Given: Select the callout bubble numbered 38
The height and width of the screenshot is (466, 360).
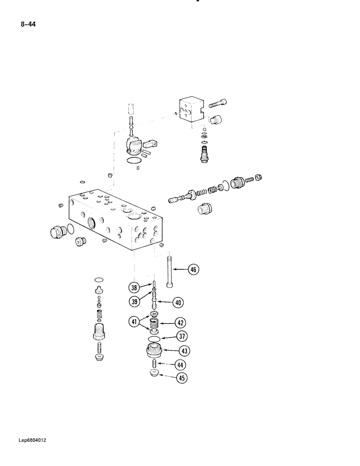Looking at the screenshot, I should click(x=134, y=288).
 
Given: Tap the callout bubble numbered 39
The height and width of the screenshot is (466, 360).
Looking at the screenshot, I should click(x=134, y=302).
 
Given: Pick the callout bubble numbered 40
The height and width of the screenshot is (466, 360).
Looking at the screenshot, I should click(x=178, y=302).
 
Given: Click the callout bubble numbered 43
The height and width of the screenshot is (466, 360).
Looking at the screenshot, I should click(x=182, y=350).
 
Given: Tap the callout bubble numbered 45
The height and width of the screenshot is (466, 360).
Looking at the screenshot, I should click(x=182, y=378).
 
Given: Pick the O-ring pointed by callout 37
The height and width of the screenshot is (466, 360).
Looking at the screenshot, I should click(x=155, y=338).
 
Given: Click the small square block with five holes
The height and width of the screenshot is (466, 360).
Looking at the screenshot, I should click(x=192, y=111).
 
